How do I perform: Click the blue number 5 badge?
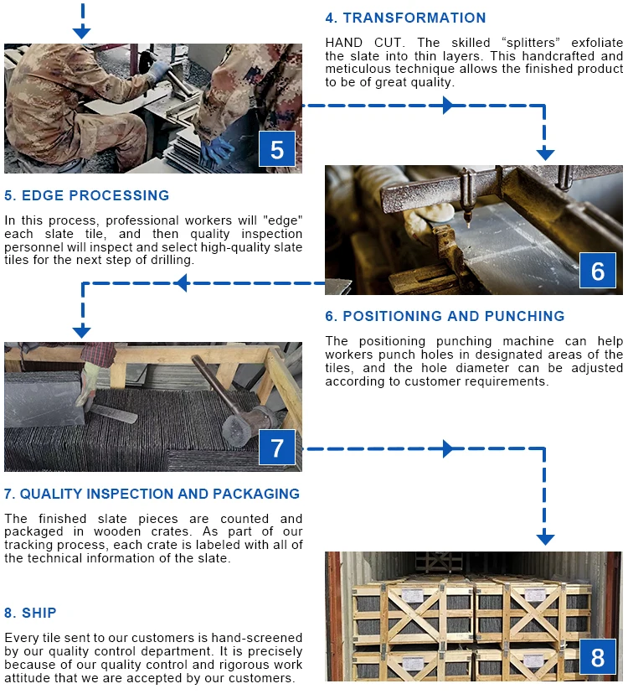coord(277,148)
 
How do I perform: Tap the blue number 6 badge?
coord(598,271)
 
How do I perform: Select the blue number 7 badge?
coord(277,447)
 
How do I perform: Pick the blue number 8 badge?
coord(598,657)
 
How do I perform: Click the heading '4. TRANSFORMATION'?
coord(405,18)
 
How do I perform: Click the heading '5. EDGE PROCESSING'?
coord(87,195)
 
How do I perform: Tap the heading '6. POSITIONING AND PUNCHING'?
coord(445,316)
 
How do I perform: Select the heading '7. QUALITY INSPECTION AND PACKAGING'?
coord(152,494)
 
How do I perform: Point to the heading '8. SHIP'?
coord(30,613)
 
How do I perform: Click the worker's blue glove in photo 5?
coord(216,149)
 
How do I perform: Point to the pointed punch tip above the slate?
coord(468,223)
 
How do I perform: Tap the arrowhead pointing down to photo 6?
coord(545,154)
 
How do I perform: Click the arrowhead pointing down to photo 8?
coord(545,539)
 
